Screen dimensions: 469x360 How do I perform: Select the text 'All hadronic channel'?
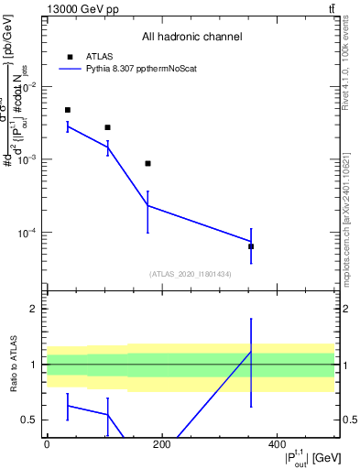pyautogui.click(x=191, y=38)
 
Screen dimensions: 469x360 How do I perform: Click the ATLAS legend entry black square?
pyautogui.click(x=69, y=56)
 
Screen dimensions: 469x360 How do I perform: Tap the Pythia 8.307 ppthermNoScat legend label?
pyautogui.click(x=145, y=68)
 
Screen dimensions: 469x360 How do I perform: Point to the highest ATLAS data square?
pyautogui.click(x=68, y=110)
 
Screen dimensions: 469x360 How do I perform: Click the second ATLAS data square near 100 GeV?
pyautogui.click(x=108, y=127)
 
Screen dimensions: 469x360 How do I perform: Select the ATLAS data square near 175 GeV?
pyautogui.click(x=147, y=163)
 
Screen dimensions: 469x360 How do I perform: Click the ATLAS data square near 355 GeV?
pyautogui.click(x=251, y=246)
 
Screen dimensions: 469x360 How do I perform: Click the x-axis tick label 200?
pyautogui.click(x=162, y=444)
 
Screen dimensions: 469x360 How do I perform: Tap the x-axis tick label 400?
pyautogui.click(x=277, y=444)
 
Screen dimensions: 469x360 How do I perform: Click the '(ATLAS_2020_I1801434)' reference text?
pyautogui.click(x=191, y=274)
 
